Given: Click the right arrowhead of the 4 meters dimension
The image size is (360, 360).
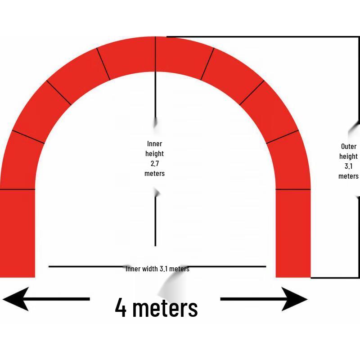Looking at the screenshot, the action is pyautogui.click(x=295, y=299).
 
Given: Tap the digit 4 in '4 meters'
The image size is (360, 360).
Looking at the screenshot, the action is pyautogui.click(x=121, y=307).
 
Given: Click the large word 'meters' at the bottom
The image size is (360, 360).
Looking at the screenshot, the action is pyautogui.click(x=165, y=308).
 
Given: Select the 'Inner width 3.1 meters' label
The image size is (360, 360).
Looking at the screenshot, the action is pyautogui.click(x=157, y=269).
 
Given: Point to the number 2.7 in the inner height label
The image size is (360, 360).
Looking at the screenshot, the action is pyautogui.click(x=155, y=163).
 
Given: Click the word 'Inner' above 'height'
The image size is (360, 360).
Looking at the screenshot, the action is pyautogui.click(x=154, y=144).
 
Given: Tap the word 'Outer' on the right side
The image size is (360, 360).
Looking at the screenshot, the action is pyautogui.click(x=349, y=146).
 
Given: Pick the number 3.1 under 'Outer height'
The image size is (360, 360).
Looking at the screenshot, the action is pyautogui.click(x=348, y=166).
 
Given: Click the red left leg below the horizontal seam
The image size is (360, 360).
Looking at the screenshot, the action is pyautogui.click(x=18, y=234).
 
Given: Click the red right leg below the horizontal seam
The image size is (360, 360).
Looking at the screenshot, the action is pyautogui.click(x=293, y=234).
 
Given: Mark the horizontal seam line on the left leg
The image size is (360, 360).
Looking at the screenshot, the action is pyautogui.click(x=18, y=189).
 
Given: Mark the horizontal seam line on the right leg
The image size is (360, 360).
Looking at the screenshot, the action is pyautogui.click(x=293, y=189).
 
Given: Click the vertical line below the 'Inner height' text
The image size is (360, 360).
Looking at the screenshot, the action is pyautogui.click(x=155, y=221).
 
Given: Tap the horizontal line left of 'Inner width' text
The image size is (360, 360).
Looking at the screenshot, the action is pyautogui.click(x=87, y=266).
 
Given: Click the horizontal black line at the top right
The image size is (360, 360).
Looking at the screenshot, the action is pyautogui.click(x=263, y=36).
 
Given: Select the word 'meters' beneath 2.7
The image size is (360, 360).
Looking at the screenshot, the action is pyautogui.click(x=154, y=173).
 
